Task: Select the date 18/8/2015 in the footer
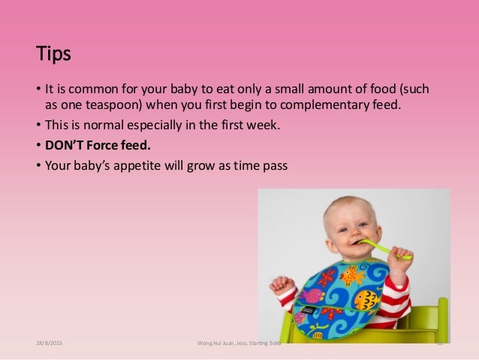(49, 342)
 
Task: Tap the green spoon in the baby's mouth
(383, 249)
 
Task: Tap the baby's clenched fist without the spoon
(282, 285)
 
